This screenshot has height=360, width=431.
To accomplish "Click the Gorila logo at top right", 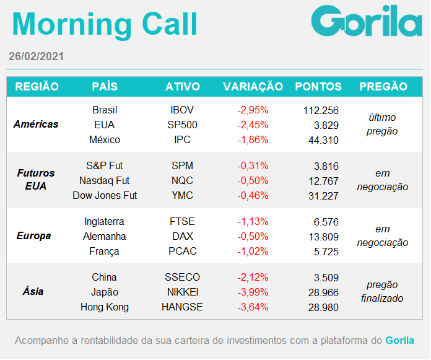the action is click(x=367, y=21).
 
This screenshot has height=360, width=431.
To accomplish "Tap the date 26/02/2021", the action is click(x=36, y=56).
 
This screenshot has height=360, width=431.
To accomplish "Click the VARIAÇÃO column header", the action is click(x=253, y=87).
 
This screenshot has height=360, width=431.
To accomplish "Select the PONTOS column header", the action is click(x=318, y=87).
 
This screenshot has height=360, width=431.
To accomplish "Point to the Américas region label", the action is click(x=36, y=124).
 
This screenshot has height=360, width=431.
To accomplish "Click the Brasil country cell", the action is click(x=105, y=110).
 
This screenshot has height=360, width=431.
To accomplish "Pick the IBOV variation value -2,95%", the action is click(x=253, y=110).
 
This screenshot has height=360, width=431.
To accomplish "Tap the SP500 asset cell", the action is click(x=182, y=125).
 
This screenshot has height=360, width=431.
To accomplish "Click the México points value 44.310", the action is click(x=323, y=140).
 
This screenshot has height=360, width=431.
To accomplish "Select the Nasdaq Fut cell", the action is click(x=105, y=181).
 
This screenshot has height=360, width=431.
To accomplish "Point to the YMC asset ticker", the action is click(x=182, y=196).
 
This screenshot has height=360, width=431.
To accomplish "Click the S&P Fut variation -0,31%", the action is click(x=253, y=166).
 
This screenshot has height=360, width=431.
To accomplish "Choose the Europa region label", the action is click(x=34, y=235).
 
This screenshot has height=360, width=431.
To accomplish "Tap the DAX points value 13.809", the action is click(x=323, y=237).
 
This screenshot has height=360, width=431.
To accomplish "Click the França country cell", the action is click(x=104, y=252).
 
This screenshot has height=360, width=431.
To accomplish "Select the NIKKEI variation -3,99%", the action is click(x=253, y=292).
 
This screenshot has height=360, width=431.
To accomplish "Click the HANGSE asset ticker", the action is click(x=182, y=307).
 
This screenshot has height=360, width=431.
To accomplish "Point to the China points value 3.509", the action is click(x=326, y=278).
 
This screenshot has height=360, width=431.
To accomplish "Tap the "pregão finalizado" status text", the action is click(x=382, y=291).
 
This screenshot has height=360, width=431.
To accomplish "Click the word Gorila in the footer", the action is click(x=399, y=340).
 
